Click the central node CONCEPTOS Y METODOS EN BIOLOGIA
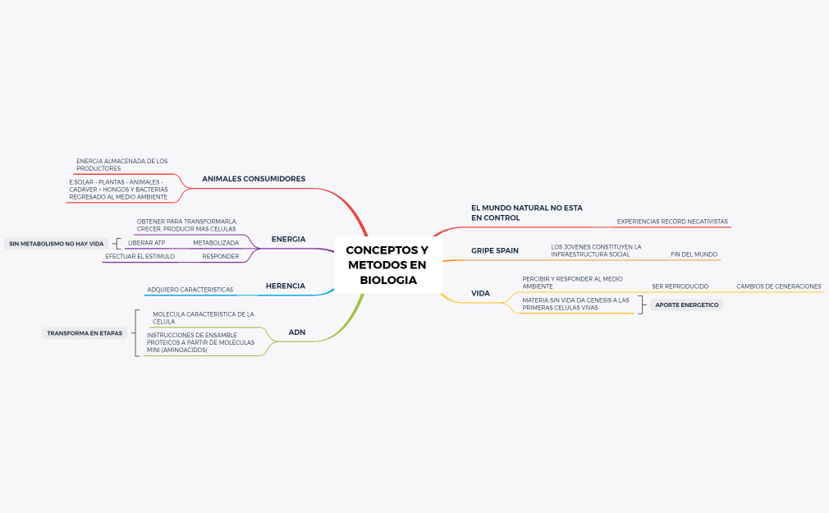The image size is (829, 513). [387, 264]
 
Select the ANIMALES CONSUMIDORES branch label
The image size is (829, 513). [254, 179]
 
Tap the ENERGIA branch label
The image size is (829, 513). [288, 239]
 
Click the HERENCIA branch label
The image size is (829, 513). [286, 286]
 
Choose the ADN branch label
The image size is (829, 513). [296, 332]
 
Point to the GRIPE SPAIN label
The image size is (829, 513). [495, 250]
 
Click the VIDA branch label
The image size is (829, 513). [481, 294]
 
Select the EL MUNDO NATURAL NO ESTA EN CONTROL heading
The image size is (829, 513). [527, 213]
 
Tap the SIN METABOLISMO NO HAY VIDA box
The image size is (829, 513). [57, 244]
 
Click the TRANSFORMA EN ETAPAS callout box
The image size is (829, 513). [85, 333]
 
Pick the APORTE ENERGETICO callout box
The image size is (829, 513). [687, 305]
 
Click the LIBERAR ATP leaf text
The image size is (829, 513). [146, 243]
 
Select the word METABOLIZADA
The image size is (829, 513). [216, 243]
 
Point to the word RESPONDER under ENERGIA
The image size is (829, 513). [221, 256]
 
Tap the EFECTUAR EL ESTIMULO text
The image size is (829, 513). [140, 256]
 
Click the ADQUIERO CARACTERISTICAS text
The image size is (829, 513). [190, 290]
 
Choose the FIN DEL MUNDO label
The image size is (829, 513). [694, 254]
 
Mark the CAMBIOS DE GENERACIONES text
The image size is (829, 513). [779, 286]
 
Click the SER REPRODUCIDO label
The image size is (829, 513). [680, 286]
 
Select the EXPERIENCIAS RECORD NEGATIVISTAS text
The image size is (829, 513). [672, 222]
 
